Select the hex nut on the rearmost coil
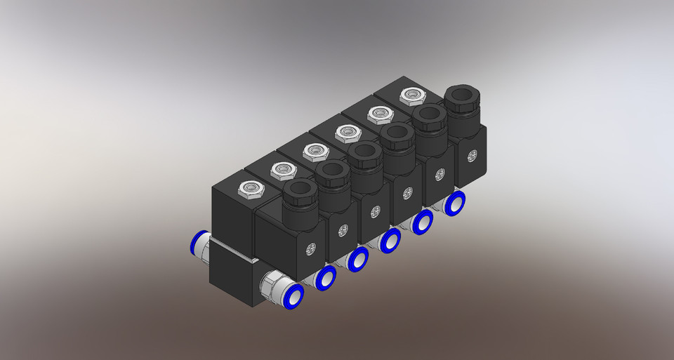(411, 95)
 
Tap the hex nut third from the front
(314, 150)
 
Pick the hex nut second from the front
(283, 169)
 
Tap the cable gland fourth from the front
(396, 133)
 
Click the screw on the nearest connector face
(310, 248)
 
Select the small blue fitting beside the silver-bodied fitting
(326, 279)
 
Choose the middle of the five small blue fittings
(389, 242)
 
